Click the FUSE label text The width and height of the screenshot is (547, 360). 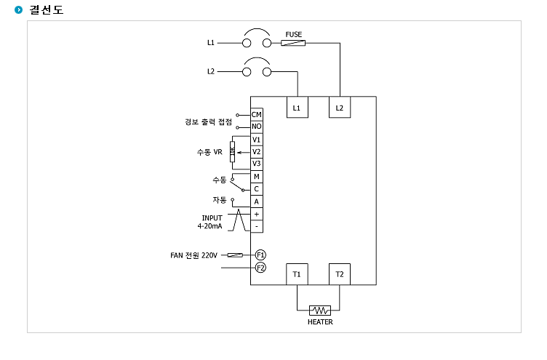[x=293, y=34]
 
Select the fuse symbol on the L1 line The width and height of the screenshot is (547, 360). [x=293, y=43]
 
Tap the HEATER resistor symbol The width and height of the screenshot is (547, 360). [x=320, y=310]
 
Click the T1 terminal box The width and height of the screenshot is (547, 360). [x=297, y=274]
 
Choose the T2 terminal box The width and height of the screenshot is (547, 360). [x=340, y=274]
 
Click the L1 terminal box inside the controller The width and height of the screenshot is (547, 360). [x=298, y=107]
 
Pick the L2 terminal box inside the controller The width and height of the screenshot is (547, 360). [x=340, y=107]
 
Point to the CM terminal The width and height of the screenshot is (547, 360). [x=257, y=114]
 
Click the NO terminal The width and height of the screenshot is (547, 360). [x=257, y=127]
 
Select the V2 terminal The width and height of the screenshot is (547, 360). [x=257, y=152]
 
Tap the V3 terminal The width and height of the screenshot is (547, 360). [x=257, y=164]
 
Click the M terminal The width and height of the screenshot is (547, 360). [x=257, y=177]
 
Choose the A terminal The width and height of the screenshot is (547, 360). [x=257, y=201]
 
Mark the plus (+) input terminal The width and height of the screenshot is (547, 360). [x=257, y=215]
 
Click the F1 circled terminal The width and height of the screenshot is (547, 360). [x=260, y=255]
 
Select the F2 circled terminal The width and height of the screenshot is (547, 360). [x=260, y=268]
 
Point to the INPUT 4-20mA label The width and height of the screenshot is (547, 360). [x=210, y=223]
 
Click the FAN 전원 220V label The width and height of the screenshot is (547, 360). [x=193, y=255]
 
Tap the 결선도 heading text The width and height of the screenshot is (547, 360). [x=47, y=9]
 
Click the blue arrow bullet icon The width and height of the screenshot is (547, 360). [x=18, y=9]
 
